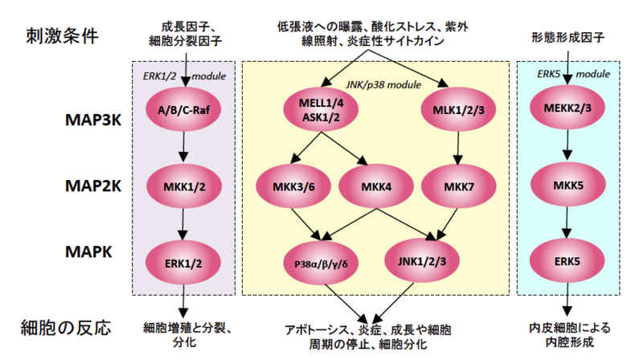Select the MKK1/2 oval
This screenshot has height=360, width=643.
click(185, 186)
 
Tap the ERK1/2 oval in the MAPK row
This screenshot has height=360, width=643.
click(185, 261)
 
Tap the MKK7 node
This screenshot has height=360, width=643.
click(456, 186)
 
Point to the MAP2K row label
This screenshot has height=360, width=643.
click(93, 186)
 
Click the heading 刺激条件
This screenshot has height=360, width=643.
click(66, 38)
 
